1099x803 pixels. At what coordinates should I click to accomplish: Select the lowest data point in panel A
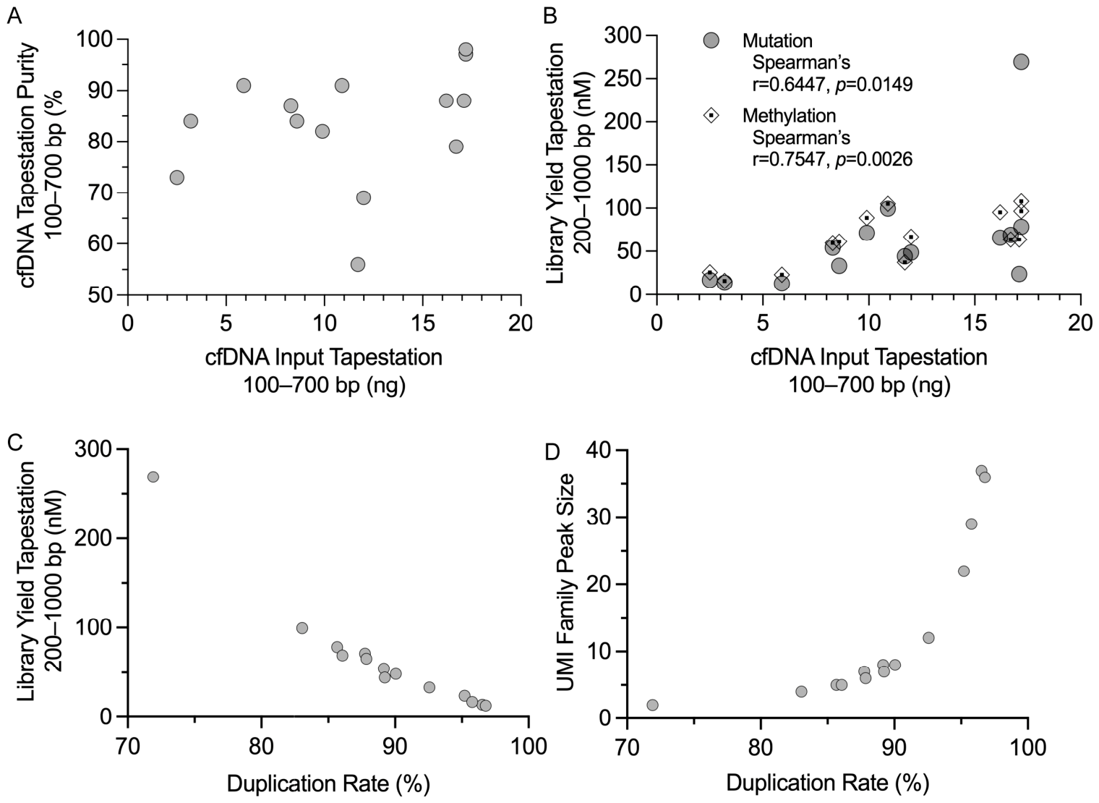tap(358, 265)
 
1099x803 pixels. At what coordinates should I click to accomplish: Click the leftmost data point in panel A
tap(177, 178)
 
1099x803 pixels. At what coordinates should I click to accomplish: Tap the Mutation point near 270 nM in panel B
tap(1021, 61)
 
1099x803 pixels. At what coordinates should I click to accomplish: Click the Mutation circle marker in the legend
tap(711, 41)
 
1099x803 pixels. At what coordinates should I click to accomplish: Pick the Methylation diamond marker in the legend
tap(711, 115)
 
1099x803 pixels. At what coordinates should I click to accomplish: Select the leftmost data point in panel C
tap(153, 477)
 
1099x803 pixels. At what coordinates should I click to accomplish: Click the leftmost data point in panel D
tap(652, 705)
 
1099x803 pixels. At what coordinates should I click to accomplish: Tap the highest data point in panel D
tap(981, 471)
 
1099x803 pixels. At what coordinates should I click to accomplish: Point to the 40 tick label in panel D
tap(597, 451)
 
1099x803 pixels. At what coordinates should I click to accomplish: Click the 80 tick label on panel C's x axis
tap(261, 747)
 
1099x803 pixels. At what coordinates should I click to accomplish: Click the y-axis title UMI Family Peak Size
tap(565, 582)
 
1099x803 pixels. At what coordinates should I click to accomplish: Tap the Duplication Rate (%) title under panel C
tap(328, 784)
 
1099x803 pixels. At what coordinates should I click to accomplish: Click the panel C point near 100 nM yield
tap(302, 628)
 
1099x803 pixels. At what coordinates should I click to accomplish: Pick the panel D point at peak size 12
tap(928, 638)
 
